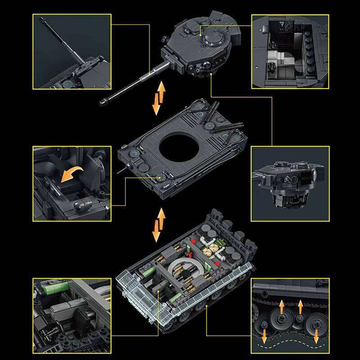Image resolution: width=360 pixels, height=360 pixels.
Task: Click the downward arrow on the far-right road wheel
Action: (317, 335)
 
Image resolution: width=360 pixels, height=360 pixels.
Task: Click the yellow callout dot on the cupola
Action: (201, 34)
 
